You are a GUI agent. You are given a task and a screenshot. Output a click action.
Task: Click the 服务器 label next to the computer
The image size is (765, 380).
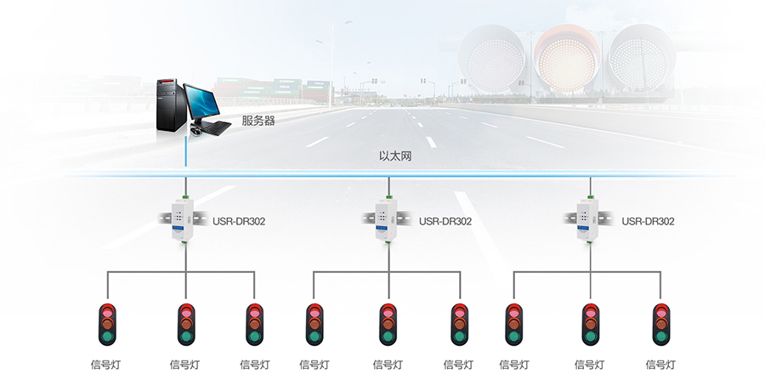(x=258, y=121)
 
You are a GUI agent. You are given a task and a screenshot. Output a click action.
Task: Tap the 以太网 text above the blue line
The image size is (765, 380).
(x=395, y=156)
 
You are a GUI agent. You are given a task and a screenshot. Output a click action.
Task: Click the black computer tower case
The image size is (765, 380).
(x=171, y=105)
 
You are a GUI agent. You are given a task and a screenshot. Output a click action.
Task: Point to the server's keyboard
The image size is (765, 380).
(x=215, y=128)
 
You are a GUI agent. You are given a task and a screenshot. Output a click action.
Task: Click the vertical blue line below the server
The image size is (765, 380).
(x=186, y=153)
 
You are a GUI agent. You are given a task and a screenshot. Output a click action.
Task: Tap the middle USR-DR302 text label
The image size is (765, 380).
(x=445, y=222)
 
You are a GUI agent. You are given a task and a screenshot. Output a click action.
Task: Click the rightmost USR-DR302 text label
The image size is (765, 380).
(x=648, y=222)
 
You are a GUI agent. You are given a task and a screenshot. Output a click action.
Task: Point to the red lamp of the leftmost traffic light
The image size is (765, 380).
(x=107, y=311)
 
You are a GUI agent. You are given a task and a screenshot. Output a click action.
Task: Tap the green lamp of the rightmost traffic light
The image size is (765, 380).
(x=661, y=336)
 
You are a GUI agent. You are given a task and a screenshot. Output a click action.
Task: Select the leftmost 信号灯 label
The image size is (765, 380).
(x=105, y=365)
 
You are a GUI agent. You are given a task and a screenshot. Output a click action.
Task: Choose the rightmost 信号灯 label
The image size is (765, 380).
(x=660, y=365)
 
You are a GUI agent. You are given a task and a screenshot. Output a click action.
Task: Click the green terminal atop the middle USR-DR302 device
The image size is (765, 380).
(x=388, y=196)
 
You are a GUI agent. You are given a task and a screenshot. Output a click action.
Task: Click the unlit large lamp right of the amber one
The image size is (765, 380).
(x=641, y=60)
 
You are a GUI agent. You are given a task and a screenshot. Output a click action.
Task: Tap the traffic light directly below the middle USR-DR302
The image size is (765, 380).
(x=388, y=325)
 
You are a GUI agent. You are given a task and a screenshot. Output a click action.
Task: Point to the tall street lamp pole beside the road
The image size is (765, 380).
(x=331, y=65)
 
